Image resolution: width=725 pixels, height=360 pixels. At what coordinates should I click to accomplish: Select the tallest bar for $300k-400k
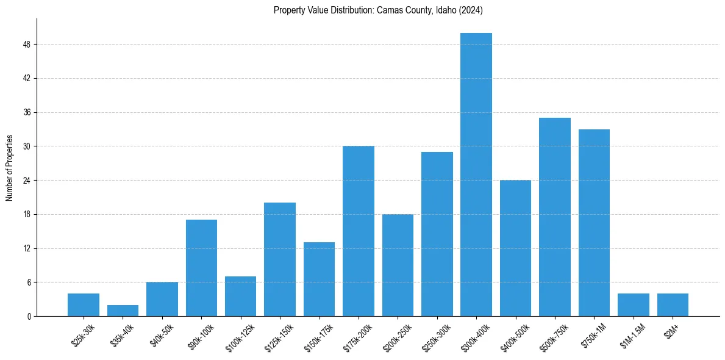click(x=476, y=175)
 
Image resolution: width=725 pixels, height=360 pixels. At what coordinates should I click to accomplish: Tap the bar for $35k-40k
click(x=123, y=311)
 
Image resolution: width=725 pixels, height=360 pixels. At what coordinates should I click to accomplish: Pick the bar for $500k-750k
click(x=555, y=217)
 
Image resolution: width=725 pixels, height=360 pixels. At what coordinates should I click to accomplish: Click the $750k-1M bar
click(x=594, y=223)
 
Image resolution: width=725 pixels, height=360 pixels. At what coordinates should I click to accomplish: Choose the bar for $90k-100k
click(x=201, y=268)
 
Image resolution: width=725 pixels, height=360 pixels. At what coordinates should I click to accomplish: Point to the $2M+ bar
click(x=673, y=305)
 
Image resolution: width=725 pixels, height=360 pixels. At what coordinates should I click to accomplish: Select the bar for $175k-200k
click(x=359, y=231)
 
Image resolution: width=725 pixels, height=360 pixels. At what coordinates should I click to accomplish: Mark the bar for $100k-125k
click(x=240, y=297)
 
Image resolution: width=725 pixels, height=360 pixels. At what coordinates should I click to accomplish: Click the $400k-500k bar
click(x=515, y=248)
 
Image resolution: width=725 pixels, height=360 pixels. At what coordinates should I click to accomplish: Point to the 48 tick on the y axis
click(x=28, y=45)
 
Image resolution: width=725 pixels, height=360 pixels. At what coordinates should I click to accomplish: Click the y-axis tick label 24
click(x=28, y=181)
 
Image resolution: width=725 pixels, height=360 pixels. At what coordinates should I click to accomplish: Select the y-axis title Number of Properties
click(x=10, y=168)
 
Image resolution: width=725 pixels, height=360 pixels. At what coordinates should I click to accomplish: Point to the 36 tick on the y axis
click(x=28, y=113)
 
